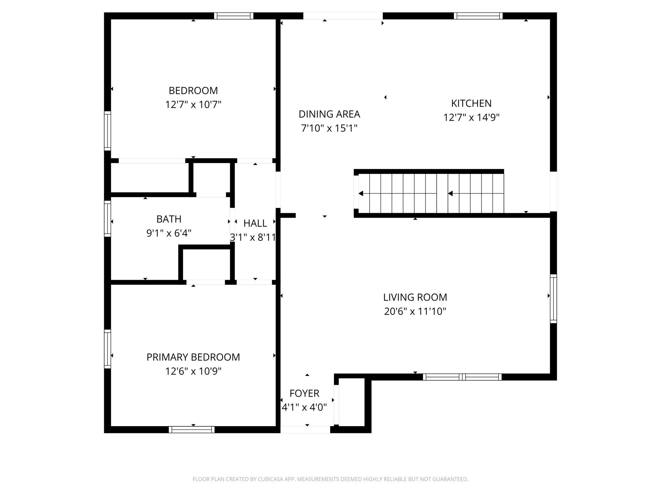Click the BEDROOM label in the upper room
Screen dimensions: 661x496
(x=193, y=91)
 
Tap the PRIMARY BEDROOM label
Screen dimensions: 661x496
(x=193, y=357)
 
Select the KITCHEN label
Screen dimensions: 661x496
(x=471, y=103)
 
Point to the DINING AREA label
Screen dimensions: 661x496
(x=329, y=114)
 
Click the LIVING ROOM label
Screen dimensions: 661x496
(x=415, y=297)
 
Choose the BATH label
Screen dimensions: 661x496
(x=169, y=219)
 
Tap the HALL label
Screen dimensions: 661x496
(x=255, y=223)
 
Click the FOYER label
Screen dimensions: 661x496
(x=304, y=393)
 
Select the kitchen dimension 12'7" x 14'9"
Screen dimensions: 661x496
(x=471, y=118)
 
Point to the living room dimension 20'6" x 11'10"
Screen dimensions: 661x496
(x=415, y=311)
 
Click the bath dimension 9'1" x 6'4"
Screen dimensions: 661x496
(x=169, y=233)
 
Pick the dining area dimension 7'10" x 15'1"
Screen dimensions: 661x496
(x=329, y=128)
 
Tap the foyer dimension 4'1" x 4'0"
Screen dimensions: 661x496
(x=304, y=407)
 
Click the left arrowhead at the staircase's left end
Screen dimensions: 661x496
(x=361, y=193)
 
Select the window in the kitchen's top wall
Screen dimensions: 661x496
(x=478, y=16)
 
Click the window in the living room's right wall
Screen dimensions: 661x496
(x=553, y=299)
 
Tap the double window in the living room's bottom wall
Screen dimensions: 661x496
(x=462, y=377)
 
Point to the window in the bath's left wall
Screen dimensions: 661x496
(x=107, y=218)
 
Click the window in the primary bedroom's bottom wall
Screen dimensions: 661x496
(x=192, y=430)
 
